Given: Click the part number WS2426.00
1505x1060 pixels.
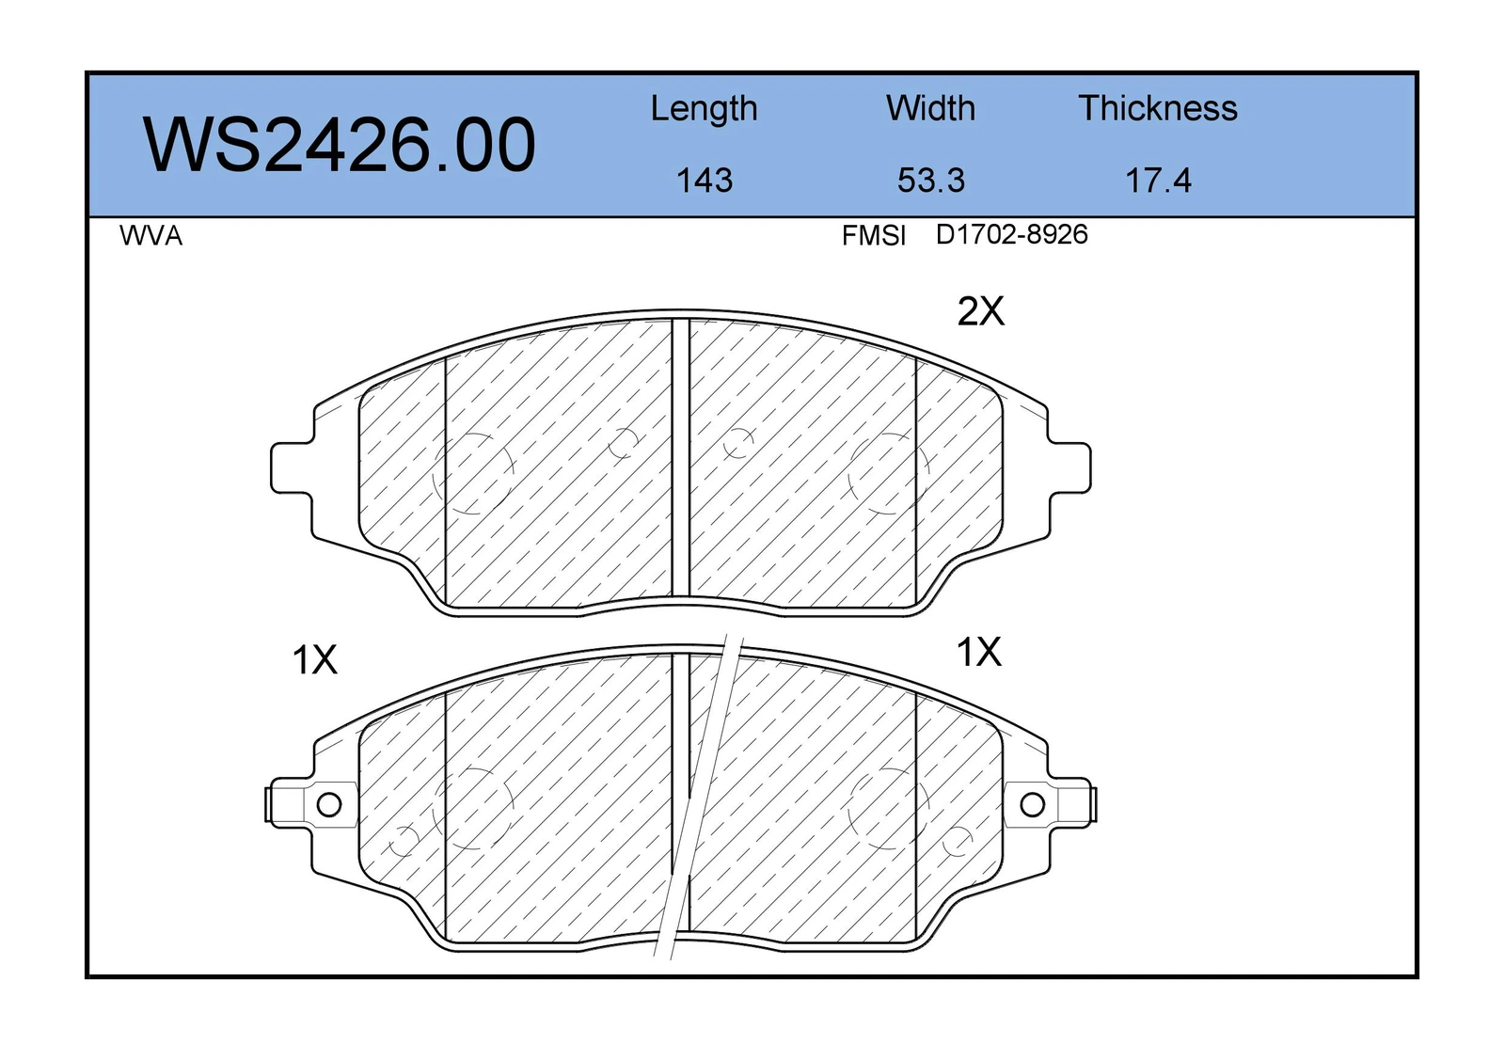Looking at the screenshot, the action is tap(340, 145).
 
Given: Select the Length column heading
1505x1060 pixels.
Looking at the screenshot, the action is tap(704, 109).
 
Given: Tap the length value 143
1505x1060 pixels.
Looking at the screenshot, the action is tap(705, 181).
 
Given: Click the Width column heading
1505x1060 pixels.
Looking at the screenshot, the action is tap(930, 108).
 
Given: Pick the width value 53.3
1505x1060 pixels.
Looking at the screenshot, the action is tap(930, 181).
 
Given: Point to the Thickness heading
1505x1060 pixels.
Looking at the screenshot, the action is tap(1158, 108).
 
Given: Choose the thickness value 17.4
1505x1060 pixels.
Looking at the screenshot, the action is tap(1158, 181).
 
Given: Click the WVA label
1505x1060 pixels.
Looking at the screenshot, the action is tap(151, 236).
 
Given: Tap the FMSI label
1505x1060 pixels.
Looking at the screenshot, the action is tap(874, 236).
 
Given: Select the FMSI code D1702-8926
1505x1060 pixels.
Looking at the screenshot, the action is tap(1011, 234).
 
